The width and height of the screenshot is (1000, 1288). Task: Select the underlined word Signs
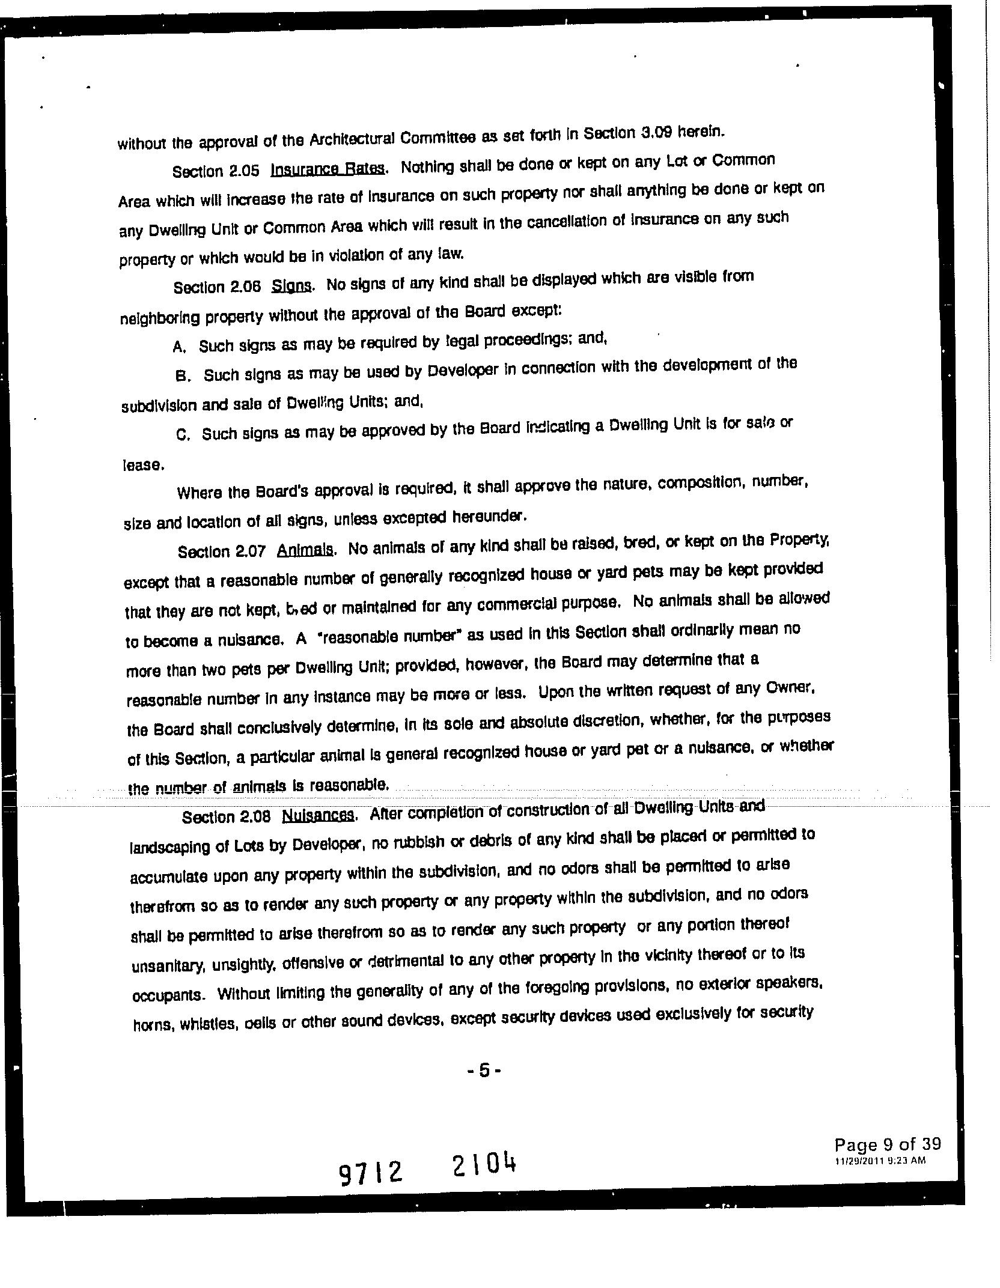pos(291,285)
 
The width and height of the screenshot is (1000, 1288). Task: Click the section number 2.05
pos(243,171)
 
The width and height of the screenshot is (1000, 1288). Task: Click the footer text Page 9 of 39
pos(887,1144)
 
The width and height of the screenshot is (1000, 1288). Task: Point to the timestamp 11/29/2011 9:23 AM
pos(880,1161)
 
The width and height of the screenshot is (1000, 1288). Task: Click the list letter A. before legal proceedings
pos(178,347)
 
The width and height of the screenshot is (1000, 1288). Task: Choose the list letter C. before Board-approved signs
pos(183,435)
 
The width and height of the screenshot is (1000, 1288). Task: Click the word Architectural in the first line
pos(352,139)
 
